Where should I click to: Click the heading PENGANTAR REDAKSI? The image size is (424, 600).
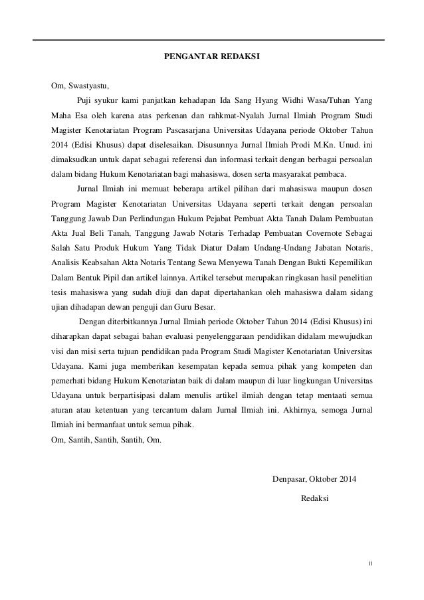212,58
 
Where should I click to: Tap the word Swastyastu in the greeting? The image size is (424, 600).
86,86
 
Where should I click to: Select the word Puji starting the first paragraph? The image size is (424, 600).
84,101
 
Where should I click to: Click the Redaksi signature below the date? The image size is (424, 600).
314,498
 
